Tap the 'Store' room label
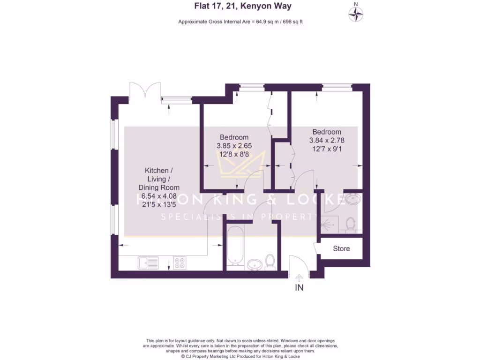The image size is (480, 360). [x=341, y=248]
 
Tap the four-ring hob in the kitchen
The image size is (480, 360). [x=179, y=263]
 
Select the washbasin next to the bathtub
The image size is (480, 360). [x=255, y=265]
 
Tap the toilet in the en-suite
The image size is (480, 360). [x=350, y=225]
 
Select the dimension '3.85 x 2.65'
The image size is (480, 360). [x=234, y=146]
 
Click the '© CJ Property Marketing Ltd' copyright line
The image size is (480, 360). [x=240, y=356]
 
